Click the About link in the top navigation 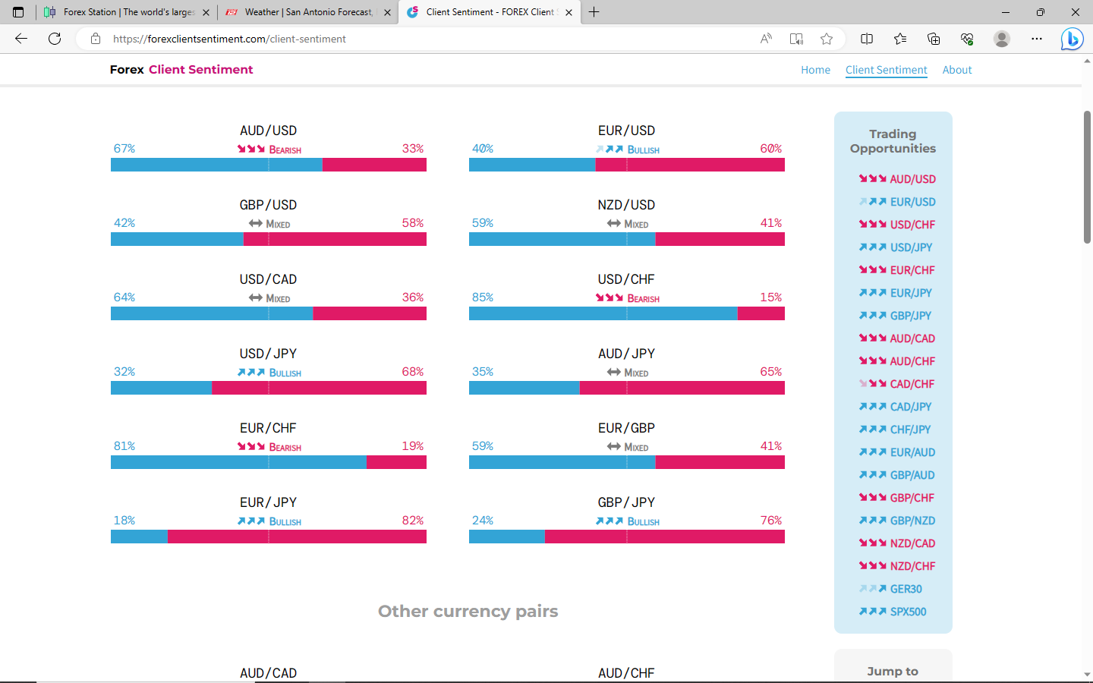point(956,70)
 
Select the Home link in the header point(815,70)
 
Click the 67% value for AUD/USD point(124,149)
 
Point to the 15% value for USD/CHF point(770,297)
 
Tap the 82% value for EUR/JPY point(413,521)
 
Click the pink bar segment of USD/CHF point(761,313)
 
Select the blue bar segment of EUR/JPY point(139,537)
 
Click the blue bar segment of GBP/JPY point(506,537)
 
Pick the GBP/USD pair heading point(268,205)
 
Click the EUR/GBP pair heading point(626,428)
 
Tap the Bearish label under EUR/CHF point(285,448)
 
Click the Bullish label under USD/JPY point(285,373)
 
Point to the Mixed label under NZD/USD point(636,225)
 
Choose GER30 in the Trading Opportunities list point(906,589)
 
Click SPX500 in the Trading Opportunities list point(908,612)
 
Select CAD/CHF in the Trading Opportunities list point(912,384)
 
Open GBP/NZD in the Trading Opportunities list point(912,521)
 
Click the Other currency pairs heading point(468,612)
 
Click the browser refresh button point(55,39)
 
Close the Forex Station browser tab point(206,12)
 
